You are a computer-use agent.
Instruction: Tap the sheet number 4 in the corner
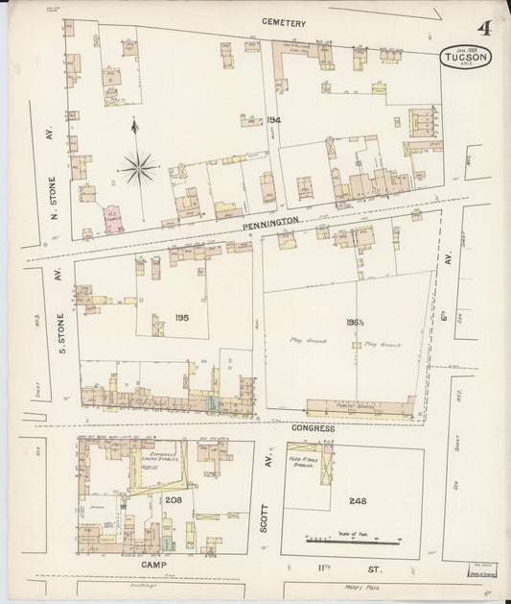coord(485,29)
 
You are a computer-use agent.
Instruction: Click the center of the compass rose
coord(139,169)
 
